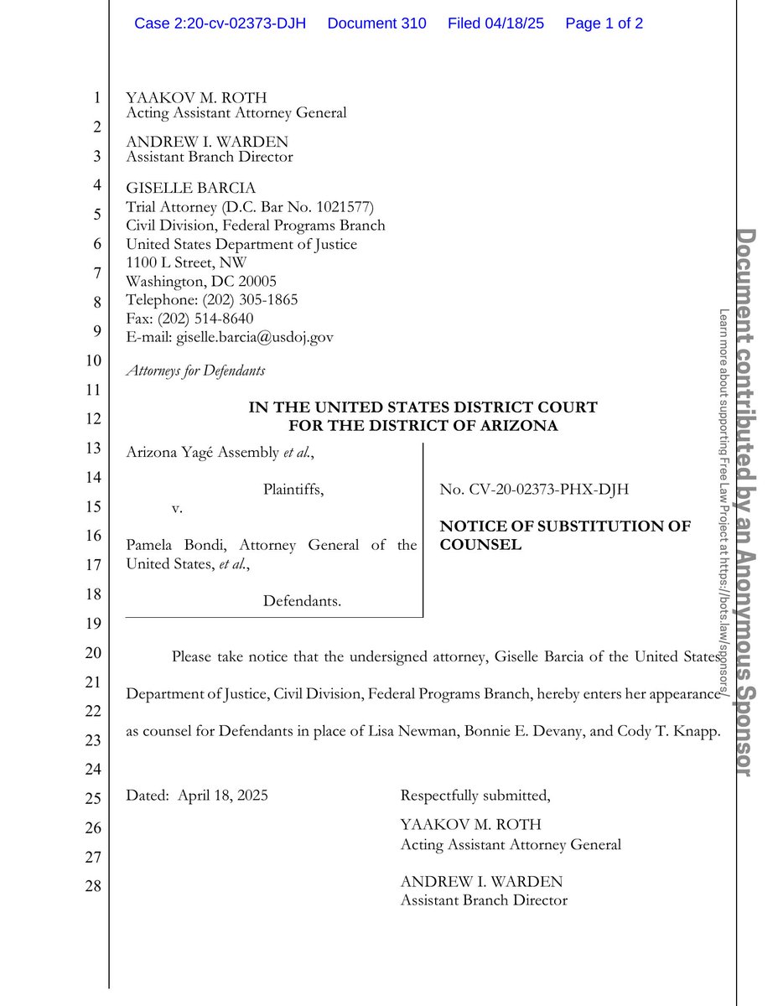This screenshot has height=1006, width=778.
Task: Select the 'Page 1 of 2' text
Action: coord(604,23)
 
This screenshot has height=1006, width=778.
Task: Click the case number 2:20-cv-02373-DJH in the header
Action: coord(220,23)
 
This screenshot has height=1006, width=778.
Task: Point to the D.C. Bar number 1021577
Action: coord(334,207)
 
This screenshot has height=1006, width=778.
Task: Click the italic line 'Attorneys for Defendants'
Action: coord(195,370)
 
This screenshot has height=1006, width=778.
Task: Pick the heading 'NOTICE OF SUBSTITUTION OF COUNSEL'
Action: coord(565,535)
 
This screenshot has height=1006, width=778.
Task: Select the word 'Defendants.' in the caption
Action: coord(302,600)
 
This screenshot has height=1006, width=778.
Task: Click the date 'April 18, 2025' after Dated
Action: coord(223,796)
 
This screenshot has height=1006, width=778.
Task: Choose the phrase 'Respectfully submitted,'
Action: coord(475,796)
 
